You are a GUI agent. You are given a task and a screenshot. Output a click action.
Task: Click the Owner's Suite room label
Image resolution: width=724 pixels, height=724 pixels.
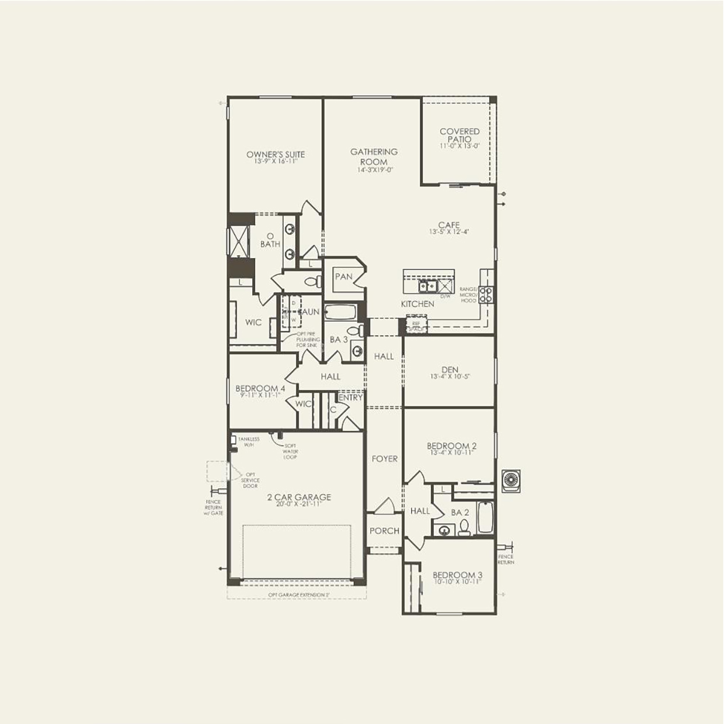pyautogui.click(x=276, y=155)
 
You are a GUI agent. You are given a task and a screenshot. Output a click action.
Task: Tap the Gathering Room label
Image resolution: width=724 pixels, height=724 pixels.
pyautogui.click(x=374, y=156)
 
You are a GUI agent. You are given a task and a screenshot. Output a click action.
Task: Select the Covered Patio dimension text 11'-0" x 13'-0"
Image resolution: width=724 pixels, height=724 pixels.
pyautogui.click(x=460, y=147)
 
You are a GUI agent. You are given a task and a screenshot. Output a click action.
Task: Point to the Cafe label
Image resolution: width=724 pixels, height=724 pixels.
pyautogui.click(x=449, y=225)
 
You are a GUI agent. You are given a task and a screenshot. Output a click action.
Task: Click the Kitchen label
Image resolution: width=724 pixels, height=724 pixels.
pyautogui.click(x=417, y=304)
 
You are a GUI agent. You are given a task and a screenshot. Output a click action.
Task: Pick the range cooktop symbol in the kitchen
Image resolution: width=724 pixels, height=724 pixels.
pyautogui.click(x=486, y=294)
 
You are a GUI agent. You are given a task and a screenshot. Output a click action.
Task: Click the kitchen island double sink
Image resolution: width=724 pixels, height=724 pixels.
pyautogui.click(x=426, y=286)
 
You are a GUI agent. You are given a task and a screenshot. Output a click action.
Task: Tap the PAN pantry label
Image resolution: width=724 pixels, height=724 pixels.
pyautogui.click(x=343, y=277)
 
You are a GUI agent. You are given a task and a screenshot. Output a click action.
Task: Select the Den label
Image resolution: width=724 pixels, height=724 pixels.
pyautogui.click(x=450, y=370)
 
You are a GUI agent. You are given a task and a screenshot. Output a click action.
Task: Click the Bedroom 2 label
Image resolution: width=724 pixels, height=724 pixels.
pyautogui.click(x=451, y=446)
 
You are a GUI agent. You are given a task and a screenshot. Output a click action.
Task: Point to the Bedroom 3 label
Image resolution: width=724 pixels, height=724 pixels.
pyautogui.click(x=457, y=575)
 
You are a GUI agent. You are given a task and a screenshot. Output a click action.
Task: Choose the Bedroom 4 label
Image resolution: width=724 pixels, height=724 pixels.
pyautogui.click(x=260, y=388)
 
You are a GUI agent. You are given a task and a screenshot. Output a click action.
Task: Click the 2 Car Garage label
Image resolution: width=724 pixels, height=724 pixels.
pyautogui.click(x=299, y=497)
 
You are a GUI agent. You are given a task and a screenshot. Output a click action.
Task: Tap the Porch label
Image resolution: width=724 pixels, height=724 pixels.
pyautogui.click(x=384, y=531)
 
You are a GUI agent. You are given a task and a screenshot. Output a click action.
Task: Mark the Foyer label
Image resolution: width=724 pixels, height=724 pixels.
pyautogui.click(x=385, y=459)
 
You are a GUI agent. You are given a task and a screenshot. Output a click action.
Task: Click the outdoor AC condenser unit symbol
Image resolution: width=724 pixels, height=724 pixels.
pyautogui.click(x=511, y=480)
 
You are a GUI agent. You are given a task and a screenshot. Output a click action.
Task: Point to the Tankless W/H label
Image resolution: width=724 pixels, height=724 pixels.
pyautogui.click(x=249, y=442)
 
